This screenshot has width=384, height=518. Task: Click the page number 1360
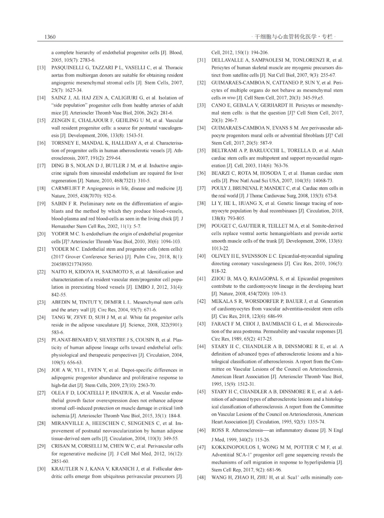[x=50, y=37]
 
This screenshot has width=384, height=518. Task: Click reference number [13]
[x=41, y=68]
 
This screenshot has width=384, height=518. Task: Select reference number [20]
[x=41, y=234]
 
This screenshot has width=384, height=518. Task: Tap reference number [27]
[x=41, y=393]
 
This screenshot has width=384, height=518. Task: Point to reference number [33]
[x=201, y=105]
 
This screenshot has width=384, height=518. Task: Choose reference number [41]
[x=201, y=278]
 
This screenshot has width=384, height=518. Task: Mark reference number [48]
[x=201, y=477]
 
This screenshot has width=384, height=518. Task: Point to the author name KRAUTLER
[x=65, y=468]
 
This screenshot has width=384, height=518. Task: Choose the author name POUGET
[x=221, y=226]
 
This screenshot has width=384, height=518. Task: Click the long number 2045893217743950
[x=72, y=264]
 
